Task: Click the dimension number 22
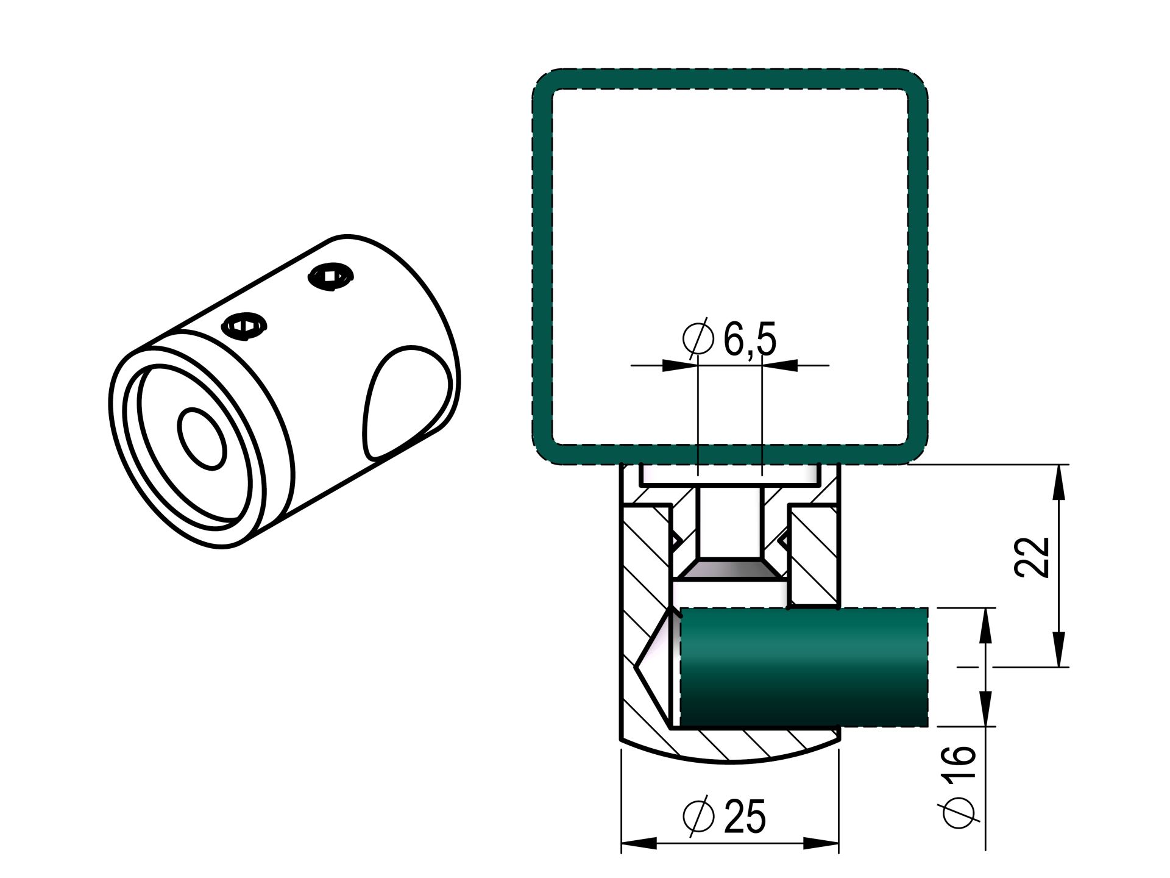[x=1032, y=557]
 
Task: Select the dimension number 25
[x=745, y=816]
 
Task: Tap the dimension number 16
[x=959, y=762]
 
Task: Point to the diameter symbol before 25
[x=698, y=816]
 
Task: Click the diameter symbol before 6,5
[x=698, y=338]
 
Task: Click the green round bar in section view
[x=804, y=667]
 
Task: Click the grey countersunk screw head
[x=729, y=568]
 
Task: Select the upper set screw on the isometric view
[x=330, y=277]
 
